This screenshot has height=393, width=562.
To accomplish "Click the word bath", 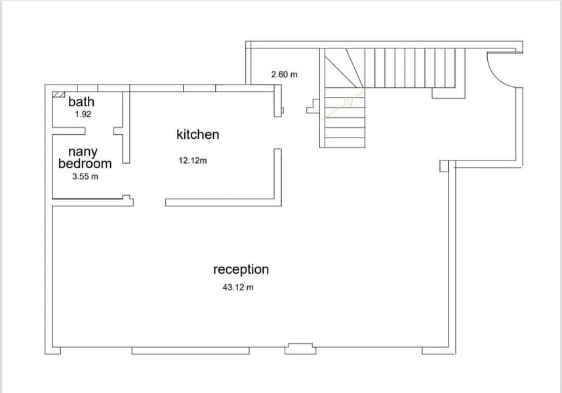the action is click(81, 102).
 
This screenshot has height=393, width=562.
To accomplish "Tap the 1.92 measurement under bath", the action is click(83, 114).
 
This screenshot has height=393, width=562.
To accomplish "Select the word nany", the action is click(83, 153).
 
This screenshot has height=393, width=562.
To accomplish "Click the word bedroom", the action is click(85, 164).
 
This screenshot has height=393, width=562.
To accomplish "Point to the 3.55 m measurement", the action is click(85, 176).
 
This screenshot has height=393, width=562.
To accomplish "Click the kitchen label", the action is click(198, 134).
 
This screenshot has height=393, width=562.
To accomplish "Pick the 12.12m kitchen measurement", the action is click(193, 160).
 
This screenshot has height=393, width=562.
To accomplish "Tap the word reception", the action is click(241, 269).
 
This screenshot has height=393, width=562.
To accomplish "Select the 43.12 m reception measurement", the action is click(238, 287).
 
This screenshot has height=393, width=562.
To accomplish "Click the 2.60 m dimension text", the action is click(284, 75).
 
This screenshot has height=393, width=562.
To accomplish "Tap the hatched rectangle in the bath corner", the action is click(58, 94).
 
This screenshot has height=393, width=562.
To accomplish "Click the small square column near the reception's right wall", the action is click(444, 166).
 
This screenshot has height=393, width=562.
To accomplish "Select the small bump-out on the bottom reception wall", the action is click(300, 348).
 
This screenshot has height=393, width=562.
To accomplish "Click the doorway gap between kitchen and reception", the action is click(150, 202).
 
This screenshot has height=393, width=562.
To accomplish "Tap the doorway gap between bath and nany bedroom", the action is click(100, 131).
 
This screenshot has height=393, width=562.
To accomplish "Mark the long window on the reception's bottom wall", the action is click(190, 351).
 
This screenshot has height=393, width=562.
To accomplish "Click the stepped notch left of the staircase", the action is click(313, 106).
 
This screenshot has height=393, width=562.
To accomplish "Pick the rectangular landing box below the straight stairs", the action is click(449, 93).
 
